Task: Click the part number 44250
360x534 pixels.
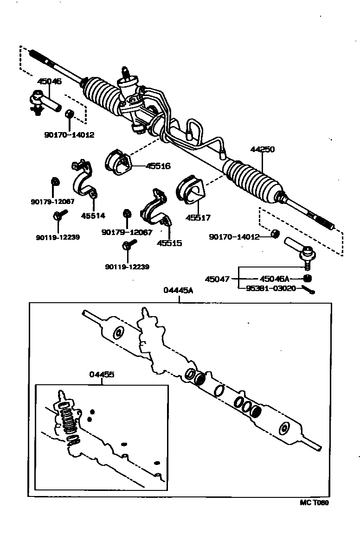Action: tap(263, 150)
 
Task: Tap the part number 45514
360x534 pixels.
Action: tap(93, 216)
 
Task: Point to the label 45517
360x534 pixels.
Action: tap(198, 216)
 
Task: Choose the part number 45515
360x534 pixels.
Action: tap(169, 243)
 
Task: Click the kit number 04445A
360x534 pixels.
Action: tap(178, 290)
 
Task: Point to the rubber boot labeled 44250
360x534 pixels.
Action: tap(254, 182)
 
